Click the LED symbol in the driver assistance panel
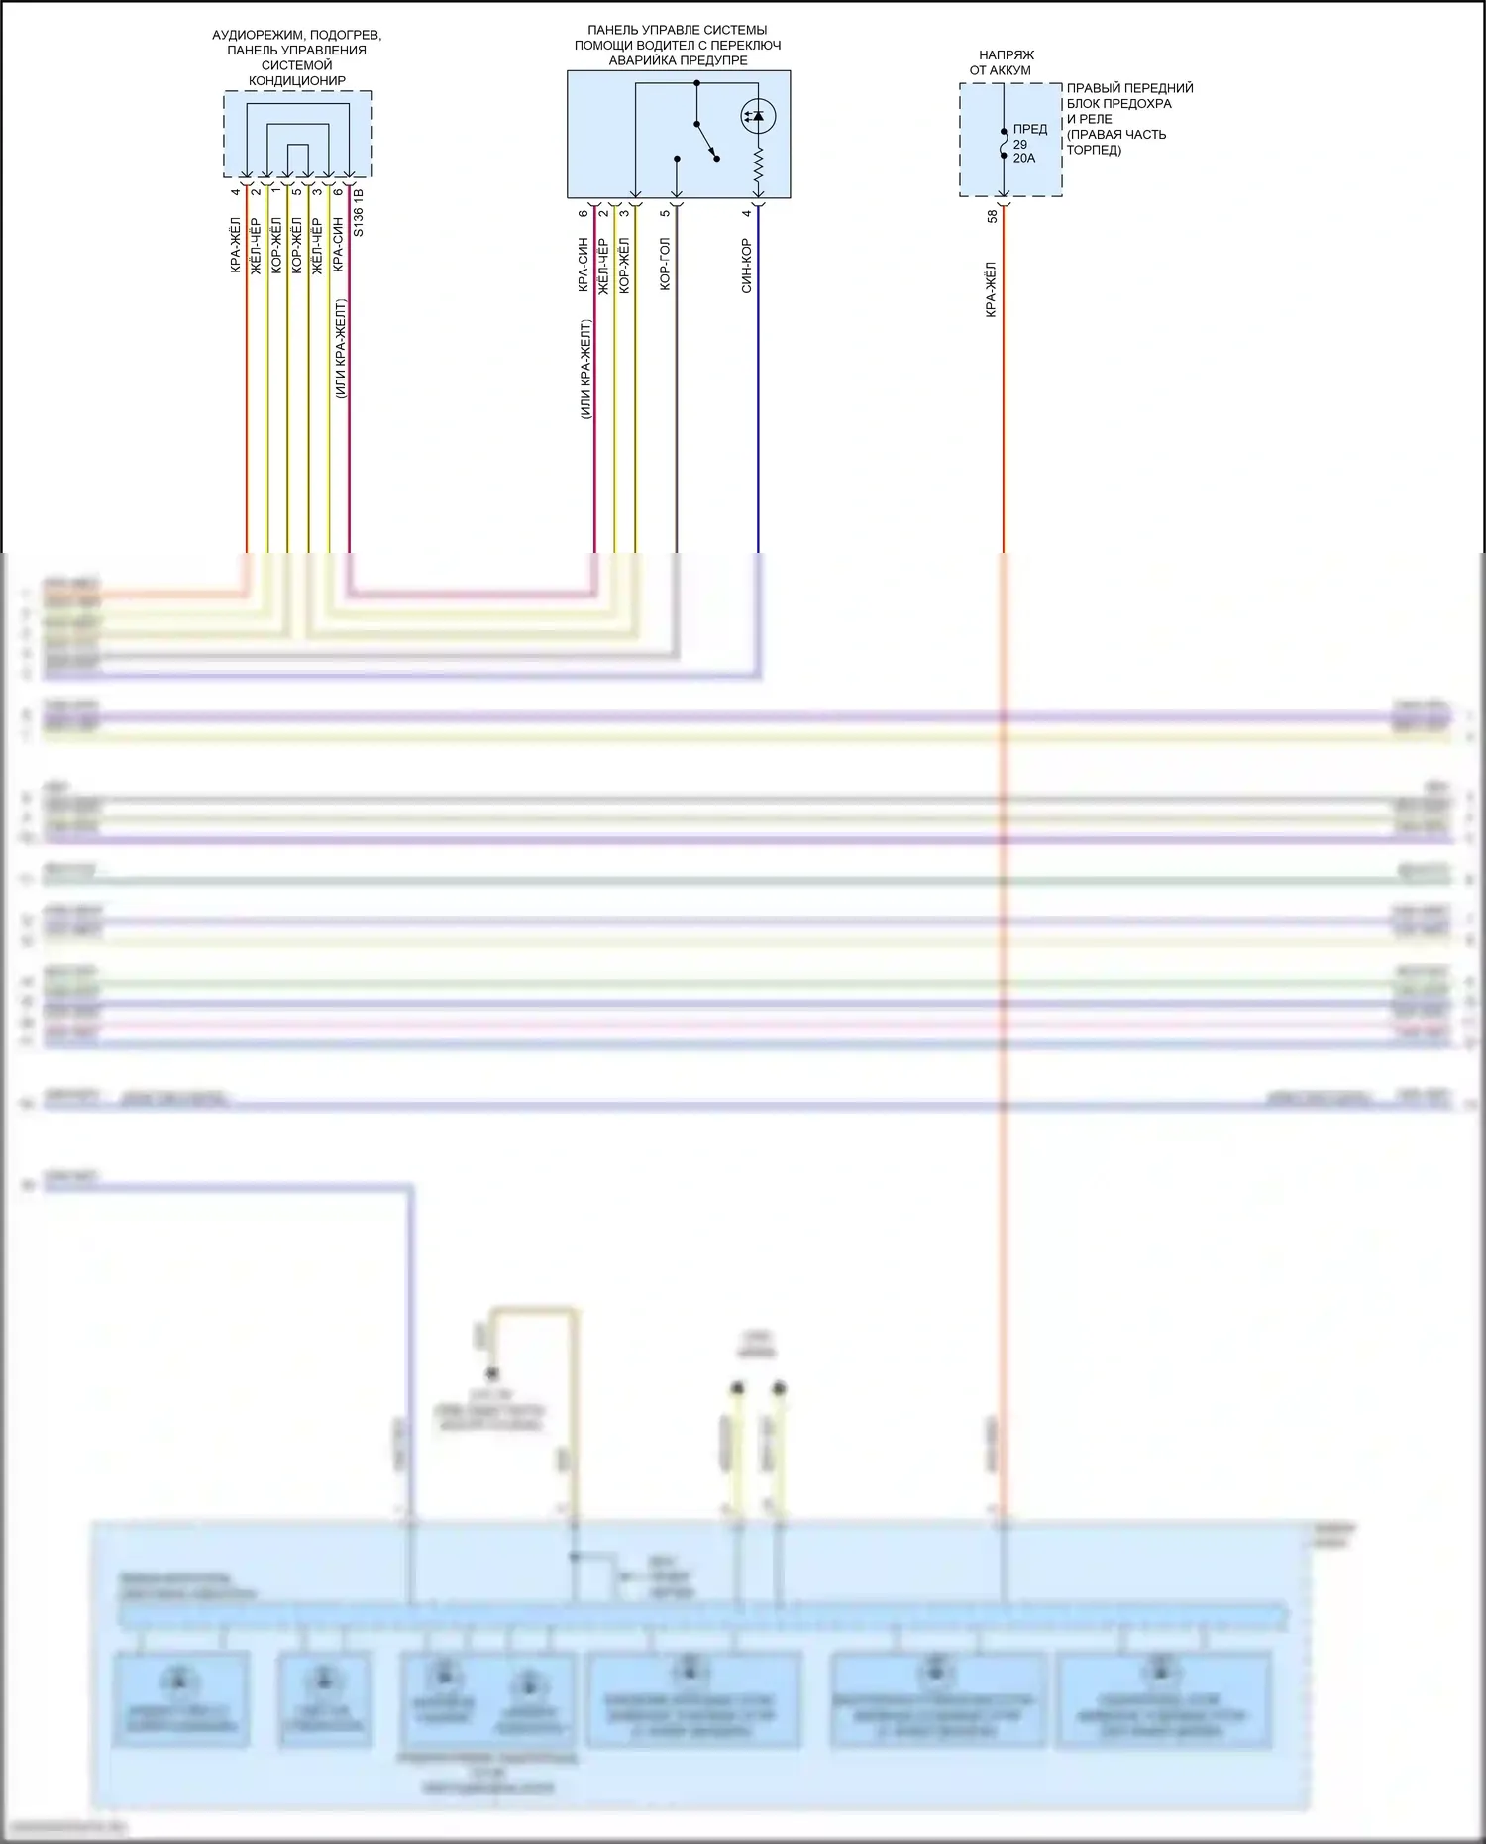coord(758,117)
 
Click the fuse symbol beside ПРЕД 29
coord(1004,144)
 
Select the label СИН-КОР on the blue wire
coord(746,266)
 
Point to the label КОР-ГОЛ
coord(665,264)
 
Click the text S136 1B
coord(359,212)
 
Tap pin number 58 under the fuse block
coord(992,215)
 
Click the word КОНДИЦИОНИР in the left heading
coord(296,80)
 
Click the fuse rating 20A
coord(1024,159)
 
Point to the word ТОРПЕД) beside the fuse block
coord(1094,150)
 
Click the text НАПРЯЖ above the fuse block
coord(1006,55)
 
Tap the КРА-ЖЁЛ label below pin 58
coord(991,289)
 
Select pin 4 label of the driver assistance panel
coord(746,213)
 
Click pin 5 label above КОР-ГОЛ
coord(665,213)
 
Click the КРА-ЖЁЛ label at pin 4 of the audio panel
coord(235,245)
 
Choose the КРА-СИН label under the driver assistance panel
coord(584,265)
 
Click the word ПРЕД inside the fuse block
coord(1030,129)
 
